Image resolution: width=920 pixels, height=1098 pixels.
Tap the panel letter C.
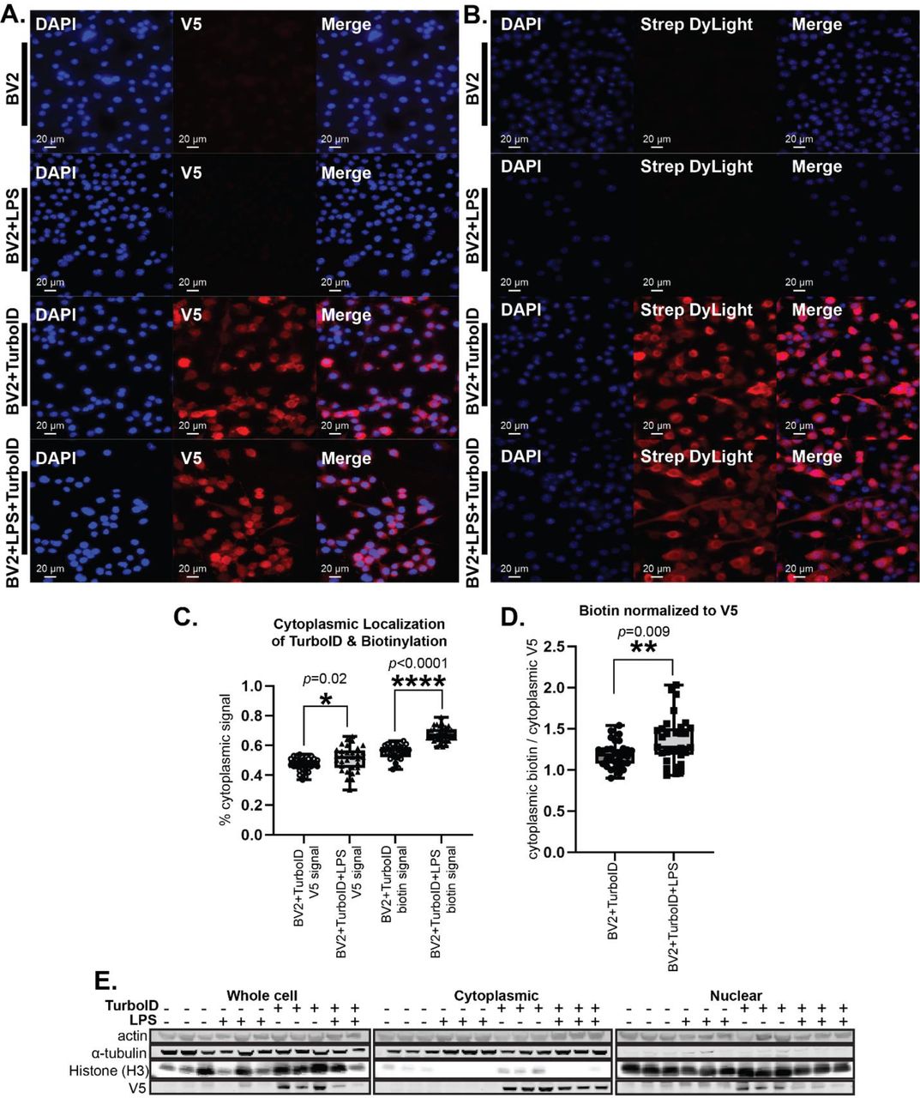[x=185, y=618]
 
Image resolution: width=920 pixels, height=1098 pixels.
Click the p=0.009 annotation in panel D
[x=645, y=632]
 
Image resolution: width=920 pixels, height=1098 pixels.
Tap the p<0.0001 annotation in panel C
[x=418, y=662]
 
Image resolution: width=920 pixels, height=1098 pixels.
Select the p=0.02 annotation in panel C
[x=326, y=679]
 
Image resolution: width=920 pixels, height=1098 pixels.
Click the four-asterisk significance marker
[x=418, y=684]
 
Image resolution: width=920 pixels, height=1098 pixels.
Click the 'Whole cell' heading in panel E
[x=262, y=995]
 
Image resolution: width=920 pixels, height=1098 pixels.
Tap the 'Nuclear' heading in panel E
[x=736, y=995]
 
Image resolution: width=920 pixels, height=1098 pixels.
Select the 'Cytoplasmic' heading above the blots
[x=496, y=995]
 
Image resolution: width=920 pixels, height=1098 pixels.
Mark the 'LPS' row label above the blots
[x=143, y=1021]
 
